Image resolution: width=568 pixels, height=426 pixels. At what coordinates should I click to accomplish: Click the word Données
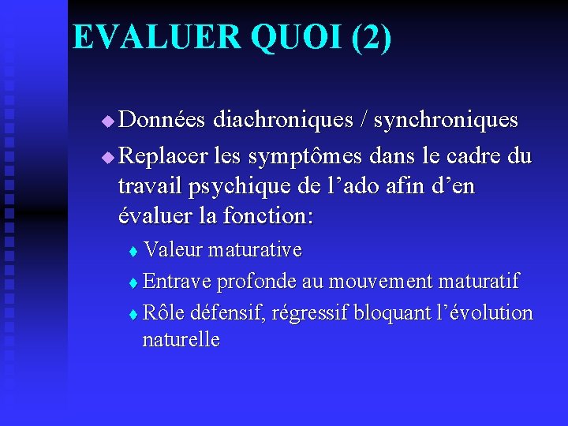coord(163,120)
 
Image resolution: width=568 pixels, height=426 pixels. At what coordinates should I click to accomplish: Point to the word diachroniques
coord(279,120)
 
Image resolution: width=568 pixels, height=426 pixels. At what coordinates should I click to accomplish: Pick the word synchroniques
coord(446,120)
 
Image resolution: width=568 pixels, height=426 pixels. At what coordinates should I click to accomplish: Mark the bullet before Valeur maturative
coord(133,252)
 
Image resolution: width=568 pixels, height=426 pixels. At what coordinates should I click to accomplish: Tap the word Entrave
coord(178,281)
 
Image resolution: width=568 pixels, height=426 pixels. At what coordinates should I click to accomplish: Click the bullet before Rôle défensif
coord(133,314)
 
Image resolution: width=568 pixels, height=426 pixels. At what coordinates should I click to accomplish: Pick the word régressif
coord(309,313)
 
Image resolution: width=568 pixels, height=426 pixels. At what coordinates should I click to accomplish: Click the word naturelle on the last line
coord(181,340)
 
